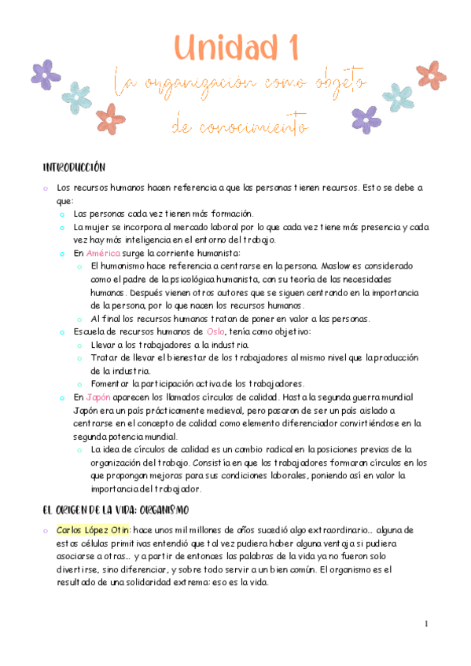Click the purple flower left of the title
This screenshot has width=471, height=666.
coord(46,75)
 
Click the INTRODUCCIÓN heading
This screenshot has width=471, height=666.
coord(74,168)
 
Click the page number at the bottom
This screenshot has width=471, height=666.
coord(425,624)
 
